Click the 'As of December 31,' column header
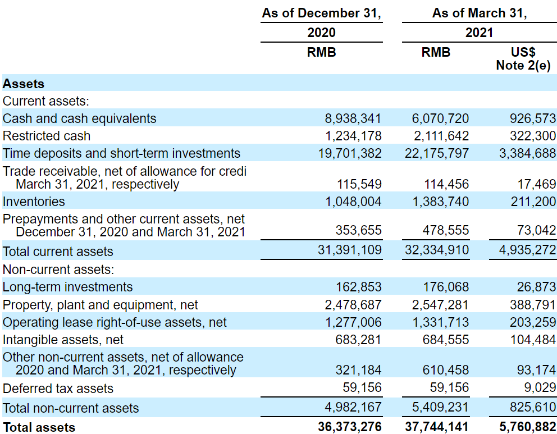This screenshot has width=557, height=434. click(322, 13)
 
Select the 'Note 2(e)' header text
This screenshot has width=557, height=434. click(523, 65)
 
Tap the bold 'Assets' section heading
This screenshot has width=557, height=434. click(24, 84)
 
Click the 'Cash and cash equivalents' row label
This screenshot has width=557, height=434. click(79, 118)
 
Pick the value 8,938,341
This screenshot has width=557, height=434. click(353, 118)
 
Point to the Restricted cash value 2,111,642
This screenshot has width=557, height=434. click(440, 136)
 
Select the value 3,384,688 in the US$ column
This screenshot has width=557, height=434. click(527, 153)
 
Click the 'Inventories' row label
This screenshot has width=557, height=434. click(34, 202)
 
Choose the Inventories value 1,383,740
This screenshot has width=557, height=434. click(440, 202)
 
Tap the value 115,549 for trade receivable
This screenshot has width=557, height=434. click(359, 184)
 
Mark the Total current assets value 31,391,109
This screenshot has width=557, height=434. click(350, 250)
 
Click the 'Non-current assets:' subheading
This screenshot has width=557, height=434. click(58, 269)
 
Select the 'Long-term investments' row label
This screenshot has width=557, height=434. click(67, 287)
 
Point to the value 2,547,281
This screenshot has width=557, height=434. click(440, 305)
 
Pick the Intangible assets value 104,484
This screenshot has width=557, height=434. click(533, 340)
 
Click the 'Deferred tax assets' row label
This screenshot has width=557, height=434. click(58, 388)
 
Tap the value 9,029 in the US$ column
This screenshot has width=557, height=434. click(540, 387)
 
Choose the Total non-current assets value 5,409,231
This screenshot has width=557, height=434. click(440, 407)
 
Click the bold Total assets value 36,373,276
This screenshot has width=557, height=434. click(350, 427)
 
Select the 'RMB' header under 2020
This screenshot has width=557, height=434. click(322, 52)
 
